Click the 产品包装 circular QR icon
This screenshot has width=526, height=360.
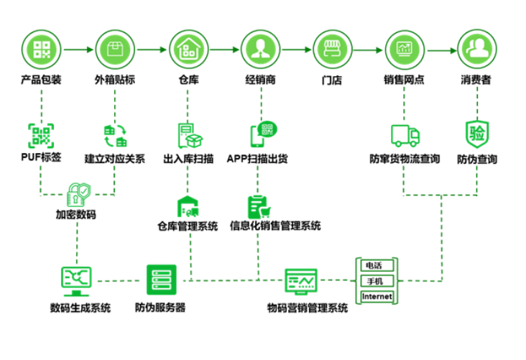point(41,50)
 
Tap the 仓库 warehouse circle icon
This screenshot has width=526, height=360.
point(188,50)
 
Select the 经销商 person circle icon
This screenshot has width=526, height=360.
point(261,50)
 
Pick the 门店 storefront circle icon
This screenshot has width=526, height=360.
point(333,50)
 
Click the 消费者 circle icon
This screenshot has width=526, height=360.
point(477,49)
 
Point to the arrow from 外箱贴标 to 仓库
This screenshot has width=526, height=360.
point(152,50)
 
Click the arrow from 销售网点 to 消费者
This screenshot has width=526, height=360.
point(442,51)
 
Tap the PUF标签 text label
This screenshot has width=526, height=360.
point(41,157)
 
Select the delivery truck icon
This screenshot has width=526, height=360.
point(405,136)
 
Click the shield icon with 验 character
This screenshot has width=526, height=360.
point(476,134)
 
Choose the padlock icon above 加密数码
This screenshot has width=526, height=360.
point(78,194)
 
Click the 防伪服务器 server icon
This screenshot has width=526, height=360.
point(162,280)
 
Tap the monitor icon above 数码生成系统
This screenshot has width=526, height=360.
point(76,281)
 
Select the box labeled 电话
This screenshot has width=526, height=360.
point(377,265)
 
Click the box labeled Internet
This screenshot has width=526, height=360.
point(377,297)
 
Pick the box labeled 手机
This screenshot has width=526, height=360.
point(377,281)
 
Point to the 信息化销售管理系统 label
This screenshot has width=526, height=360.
point(275,226)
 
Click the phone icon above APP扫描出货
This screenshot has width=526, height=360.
point(264,134)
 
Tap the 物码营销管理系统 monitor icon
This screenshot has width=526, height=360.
point(301,282)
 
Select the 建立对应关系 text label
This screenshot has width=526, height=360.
point(115,159)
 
